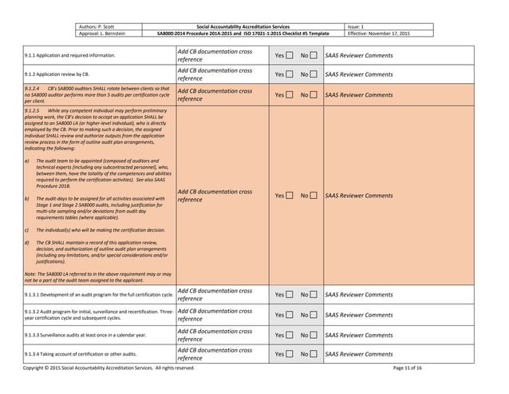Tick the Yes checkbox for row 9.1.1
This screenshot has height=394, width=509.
click(291, 57)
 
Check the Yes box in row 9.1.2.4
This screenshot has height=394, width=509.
click(291, 94)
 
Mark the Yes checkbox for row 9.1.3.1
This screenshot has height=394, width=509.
click(291, 295)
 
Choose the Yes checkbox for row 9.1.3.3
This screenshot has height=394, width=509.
click(291, 335)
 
